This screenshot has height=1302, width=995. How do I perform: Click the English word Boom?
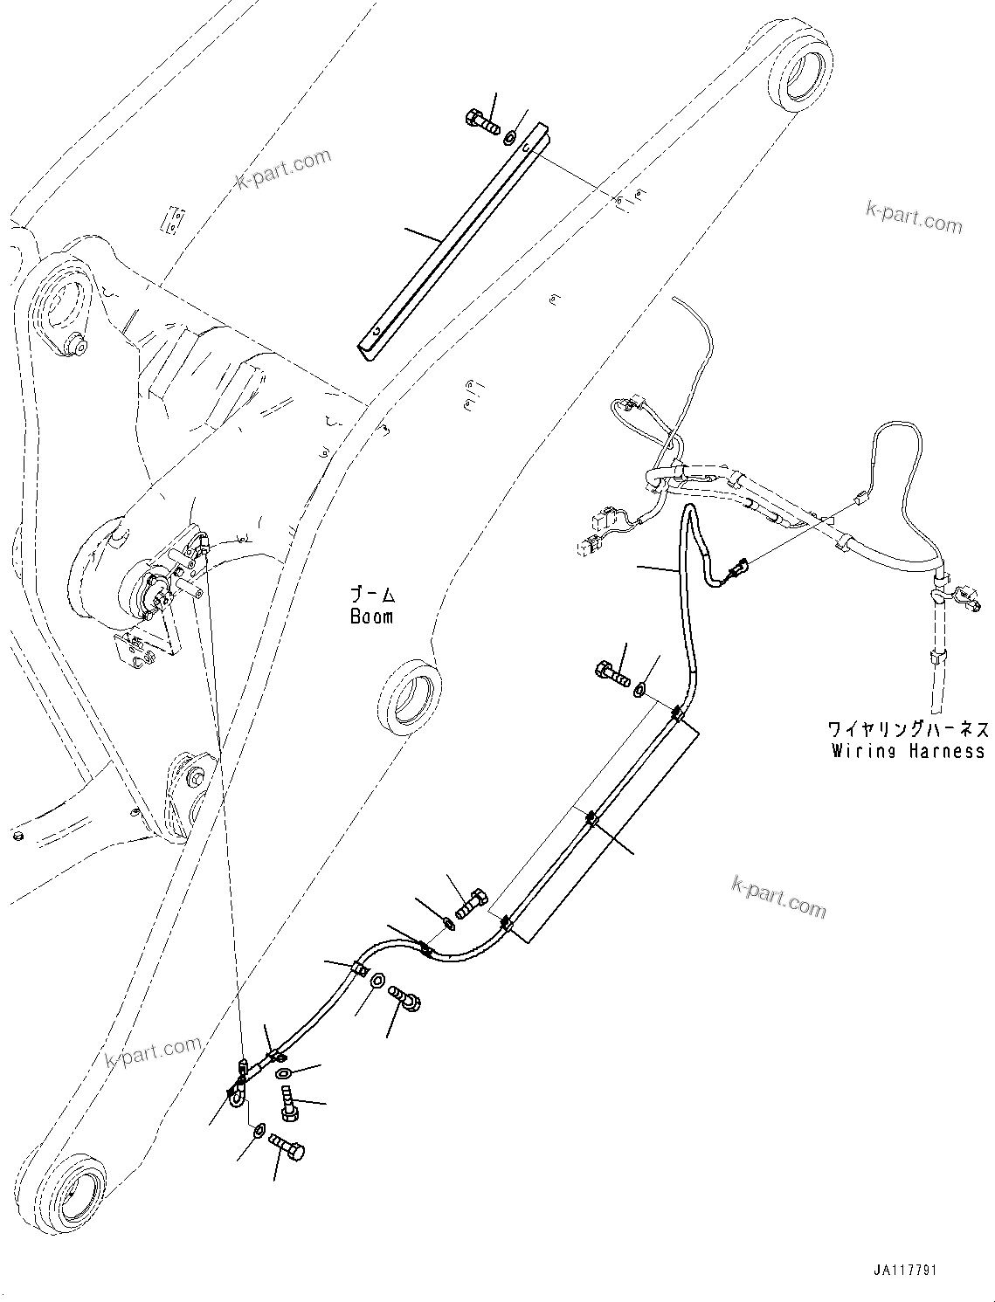click(371, 617)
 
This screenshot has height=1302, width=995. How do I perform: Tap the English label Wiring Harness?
click(908, 751)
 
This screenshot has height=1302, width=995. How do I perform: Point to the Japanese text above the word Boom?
click(372, 596)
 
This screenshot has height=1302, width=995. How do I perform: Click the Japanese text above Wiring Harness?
click(908, 728)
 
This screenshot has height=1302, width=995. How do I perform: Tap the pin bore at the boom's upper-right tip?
click(798, 75)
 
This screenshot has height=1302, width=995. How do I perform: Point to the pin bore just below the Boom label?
click(405, 699)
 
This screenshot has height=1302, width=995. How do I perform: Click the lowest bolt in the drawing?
click(286, 1146)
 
